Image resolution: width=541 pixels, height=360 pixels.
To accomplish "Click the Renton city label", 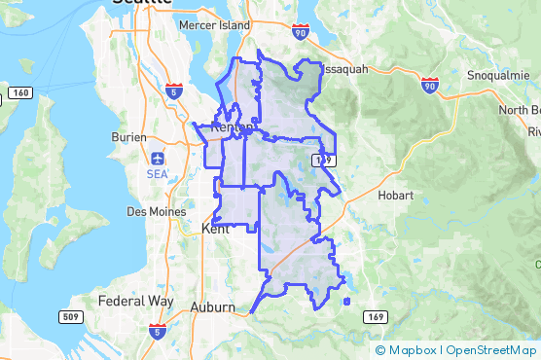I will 232,126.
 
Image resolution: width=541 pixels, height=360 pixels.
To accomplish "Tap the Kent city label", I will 214,229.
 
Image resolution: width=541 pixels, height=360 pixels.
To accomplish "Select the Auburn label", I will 212,306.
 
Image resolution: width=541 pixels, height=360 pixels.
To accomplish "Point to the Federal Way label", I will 137,301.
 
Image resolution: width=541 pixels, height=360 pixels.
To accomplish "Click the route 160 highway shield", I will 19,92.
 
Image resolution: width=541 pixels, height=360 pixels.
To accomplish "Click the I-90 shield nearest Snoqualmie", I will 430,87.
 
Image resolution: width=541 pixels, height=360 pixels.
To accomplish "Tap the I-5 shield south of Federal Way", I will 157,332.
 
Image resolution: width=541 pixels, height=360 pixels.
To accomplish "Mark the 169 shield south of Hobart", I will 375,317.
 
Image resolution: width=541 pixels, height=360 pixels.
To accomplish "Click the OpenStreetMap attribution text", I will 491,349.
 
